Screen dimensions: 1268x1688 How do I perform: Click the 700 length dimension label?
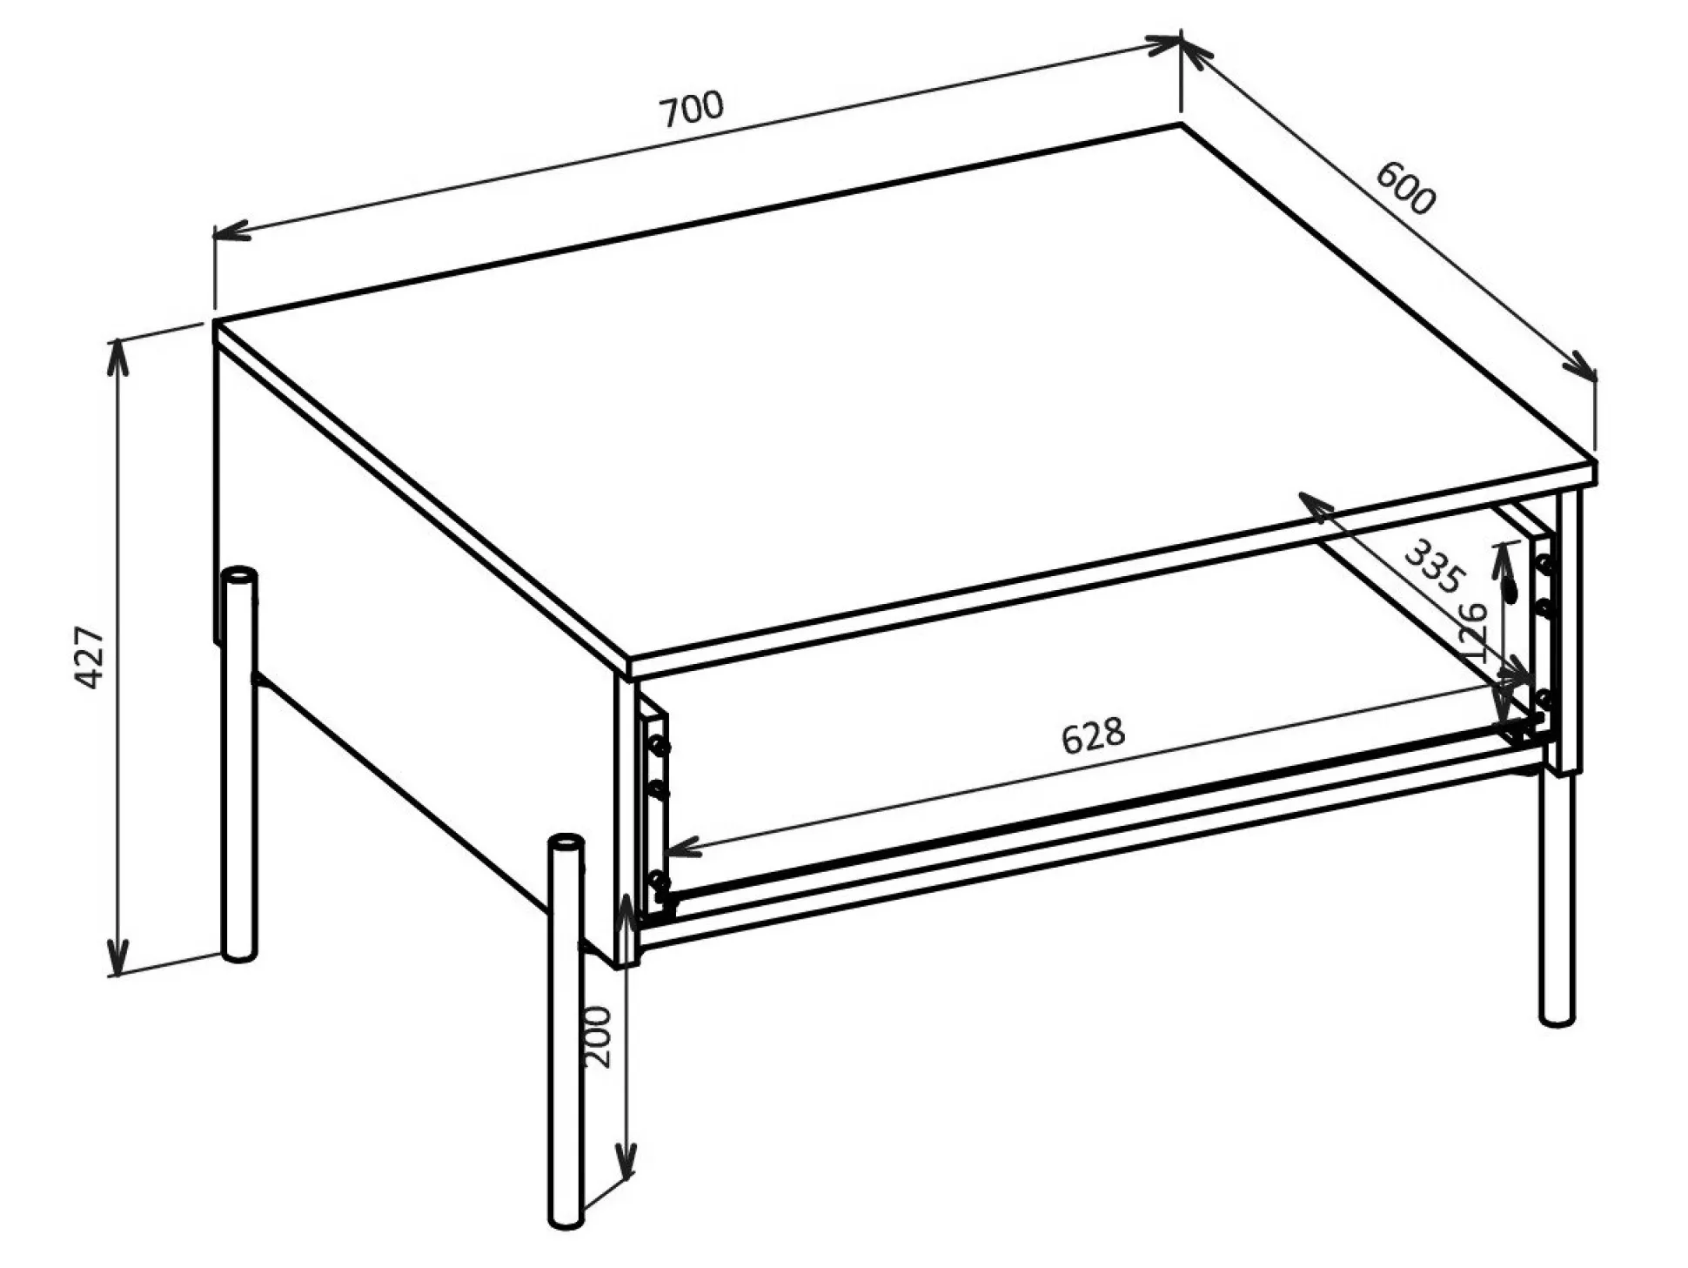coord(692,109)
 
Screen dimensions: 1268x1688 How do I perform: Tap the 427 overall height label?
coord(91,656)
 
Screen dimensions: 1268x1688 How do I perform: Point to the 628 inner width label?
coord(1093,735)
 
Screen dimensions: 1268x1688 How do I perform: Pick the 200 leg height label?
coord(599,1037)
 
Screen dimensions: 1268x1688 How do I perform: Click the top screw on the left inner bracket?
coord(659,745)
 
